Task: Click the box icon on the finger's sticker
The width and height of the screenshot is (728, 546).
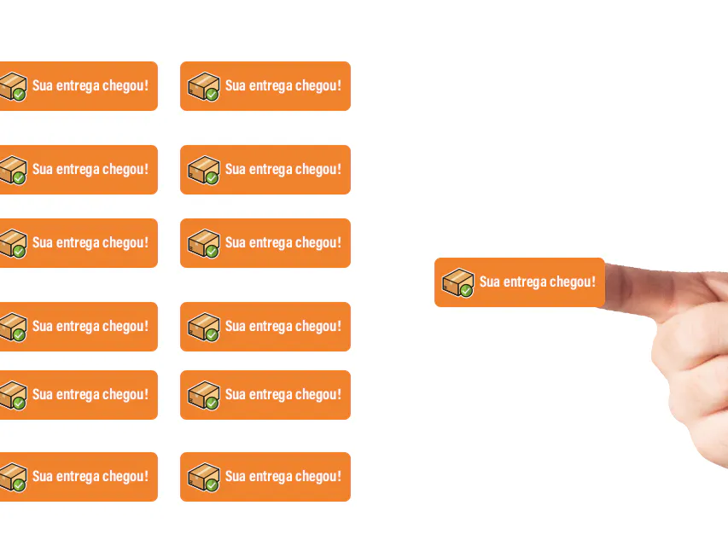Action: (x=457, y=282)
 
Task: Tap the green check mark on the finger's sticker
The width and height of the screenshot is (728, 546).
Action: (x=467, y=291)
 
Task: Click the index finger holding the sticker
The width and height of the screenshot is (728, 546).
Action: (x=664, y=290)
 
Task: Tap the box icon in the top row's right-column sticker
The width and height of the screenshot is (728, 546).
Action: (x=203, y=86)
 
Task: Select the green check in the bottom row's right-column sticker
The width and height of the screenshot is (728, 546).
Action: (x=213, y=485)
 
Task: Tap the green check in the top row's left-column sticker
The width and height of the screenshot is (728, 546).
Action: (x=19, y=95)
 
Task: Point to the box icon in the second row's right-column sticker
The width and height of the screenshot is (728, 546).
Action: (x=203, y=170)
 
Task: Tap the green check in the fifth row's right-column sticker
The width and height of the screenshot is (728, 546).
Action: (x=213, y=403)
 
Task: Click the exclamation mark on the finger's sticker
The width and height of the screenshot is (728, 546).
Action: (x=593, y=282)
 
